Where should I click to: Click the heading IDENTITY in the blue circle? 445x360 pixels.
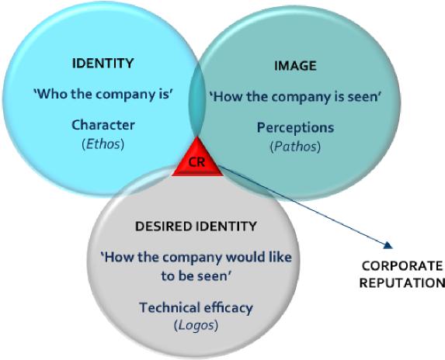coord(103,63)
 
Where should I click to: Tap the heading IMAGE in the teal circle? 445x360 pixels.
coord(295,66)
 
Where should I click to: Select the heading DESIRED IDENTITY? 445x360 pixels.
coord(196,227)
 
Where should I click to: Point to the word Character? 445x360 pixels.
coord(103,125)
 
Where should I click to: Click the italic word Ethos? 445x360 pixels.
coord(103,144)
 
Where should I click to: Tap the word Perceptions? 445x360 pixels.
coord(295,128)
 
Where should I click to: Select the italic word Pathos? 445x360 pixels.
coord(295,147)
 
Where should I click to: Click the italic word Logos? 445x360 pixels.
coord(196,325)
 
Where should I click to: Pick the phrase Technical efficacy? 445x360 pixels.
coord(196,308)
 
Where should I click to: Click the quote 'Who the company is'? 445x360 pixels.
coord(103,94)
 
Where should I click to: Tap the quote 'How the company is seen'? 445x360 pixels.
coord(295,97)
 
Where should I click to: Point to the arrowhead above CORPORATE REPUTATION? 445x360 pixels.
coord(388,245)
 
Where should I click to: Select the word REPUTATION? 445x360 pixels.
coord(402,283)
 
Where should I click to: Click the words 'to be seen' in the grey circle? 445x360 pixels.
coord(195,275)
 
